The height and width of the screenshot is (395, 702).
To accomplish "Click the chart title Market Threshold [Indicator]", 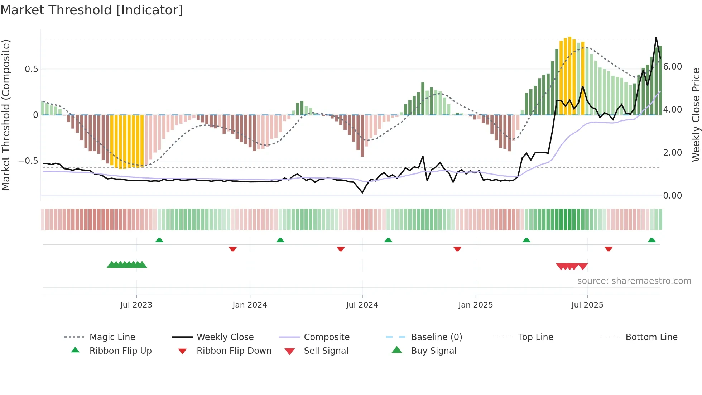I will pyautogui.click(x=92, y=10).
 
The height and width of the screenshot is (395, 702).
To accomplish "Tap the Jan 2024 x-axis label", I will pyautogui.click(x=250, y=305).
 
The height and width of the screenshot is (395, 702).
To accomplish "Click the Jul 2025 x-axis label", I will pyautogui.click(x=587, y=305).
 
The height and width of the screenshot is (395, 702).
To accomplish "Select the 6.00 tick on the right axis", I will pyautogui.click(x=672, y=67).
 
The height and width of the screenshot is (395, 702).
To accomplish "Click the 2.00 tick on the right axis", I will pyautogui.click(x=672, y=153).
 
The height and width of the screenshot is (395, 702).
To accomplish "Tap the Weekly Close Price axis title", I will pyautogui.click(x=696, y=115).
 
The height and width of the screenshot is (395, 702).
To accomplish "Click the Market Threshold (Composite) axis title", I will pyautogui.click(x=6, y=115).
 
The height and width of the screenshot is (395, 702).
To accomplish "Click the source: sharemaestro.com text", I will pyautogui.click(x=634, y=281).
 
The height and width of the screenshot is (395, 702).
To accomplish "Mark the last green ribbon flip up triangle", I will pyautogui.click(x=651, y=240).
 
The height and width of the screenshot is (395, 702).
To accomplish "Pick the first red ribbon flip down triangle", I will pyautogui.click(x=233, y=249).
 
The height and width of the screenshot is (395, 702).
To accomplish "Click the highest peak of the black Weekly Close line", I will pyautogui.click(x=656, y=38).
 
